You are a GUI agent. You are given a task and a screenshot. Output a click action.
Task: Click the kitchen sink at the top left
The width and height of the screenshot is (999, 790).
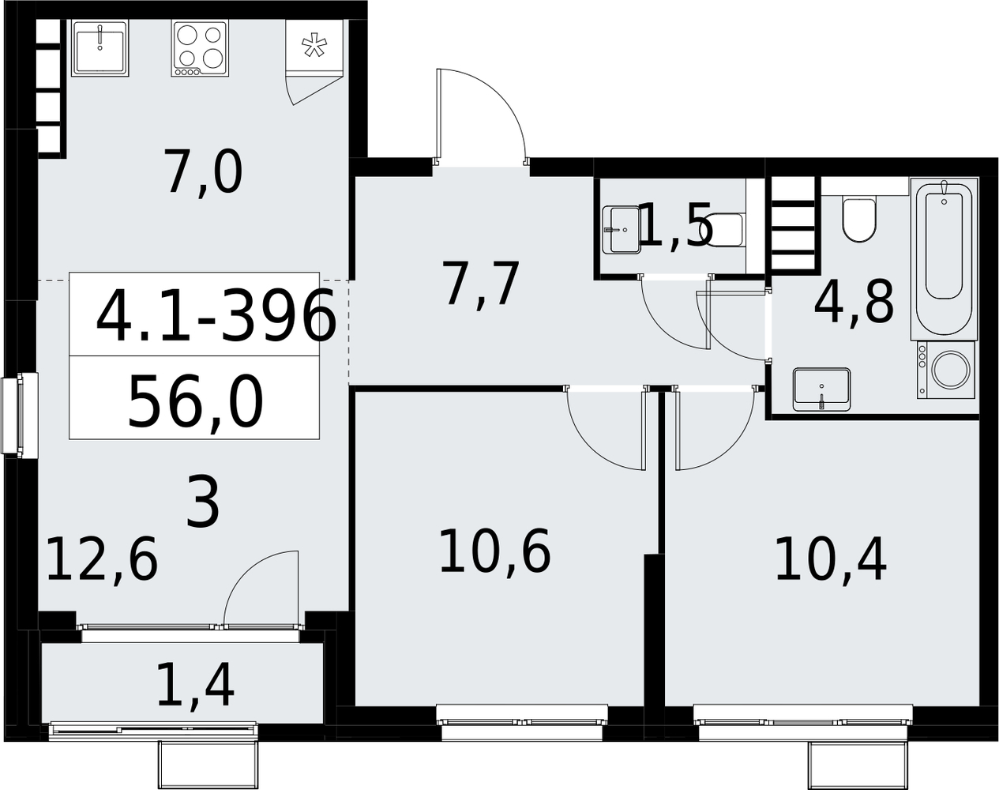100,48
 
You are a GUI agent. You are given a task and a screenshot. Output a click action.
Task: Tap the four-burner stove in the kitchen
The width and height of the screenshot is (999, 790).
200,48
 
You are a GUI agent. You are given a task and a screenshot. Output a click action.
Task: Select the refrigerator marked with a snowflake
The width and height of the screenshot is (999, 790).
314,46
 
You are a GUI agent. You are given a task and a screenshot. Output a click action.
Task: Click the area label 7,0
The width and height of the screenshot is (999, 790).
205,173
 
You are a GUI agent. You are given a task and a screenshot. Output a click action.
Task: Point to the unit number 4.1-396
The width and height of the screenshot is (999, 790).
216,314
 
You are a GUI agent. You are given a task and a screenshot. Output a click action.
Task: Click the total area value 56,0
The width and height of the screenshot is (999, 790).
195,404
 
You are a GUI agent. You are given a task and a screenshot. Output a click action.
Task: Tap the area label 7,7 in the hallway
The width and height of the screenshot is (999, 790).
480,283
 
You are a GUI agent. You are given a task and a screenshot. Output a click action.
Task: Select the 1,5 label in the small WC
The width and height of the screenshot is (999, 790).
675,225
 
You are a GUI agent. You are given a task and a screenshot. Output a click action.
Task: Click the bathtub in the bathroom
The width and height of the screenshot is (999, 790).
944,258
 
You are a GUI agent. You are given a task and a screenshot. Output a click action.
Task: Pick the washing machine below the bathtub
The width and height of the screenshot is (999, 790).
945,370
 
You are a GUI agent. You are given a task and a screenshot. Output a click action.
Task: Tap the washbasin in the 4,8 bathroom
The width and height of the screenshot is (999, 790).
821,389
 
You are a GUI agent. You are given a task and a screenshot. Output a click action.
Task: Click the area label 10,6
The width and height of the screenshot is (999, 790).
495,552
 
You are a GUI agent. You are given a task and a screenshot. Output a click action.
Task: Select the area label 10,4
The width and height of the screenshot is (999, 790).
831,559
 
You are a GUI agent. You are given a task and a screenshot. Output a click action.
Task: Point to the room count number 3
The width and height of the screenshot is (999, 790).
202,504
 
